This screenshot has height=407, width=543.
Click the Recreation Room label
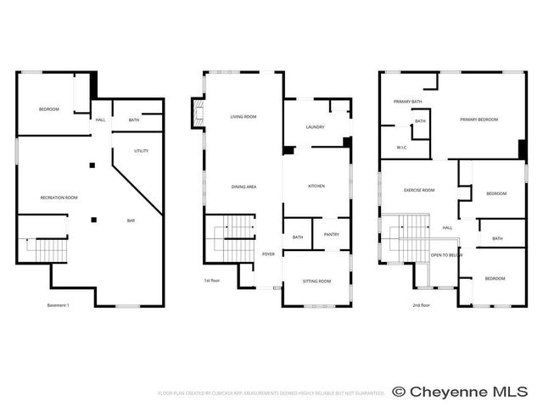pos(59,198)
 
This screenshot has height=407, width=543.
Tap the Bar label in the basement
pos(131,220)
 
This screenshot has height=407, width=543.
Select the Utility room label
pos(142,151)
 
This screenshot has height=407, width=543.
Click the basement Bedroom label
pos(48,109)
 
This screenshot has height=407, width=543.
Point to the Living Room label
pos(244,117)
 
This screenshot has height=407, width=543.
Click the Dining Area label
pos(244,186)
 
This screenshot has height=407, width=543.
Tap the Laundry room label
pos(315,127)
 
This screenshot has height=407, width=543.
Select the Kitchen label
pos(316,186)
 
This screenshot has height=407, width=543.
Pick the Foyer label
pos(268,254)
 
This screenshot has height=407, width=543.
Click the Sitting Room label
pos(316,281)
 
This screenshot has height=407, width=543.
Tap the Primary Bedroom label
pos(479,120)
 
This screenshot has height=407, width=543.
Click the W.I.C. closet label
pos(402,148)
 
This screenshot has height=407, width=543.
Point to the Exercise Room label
pos(419,190)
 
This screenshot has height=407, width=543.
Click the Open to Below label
pos(445,254)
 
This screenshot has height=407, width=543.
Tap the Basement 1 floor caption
pos(58,305)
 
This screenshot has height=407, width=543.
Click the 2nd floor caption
pos(422,305)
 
